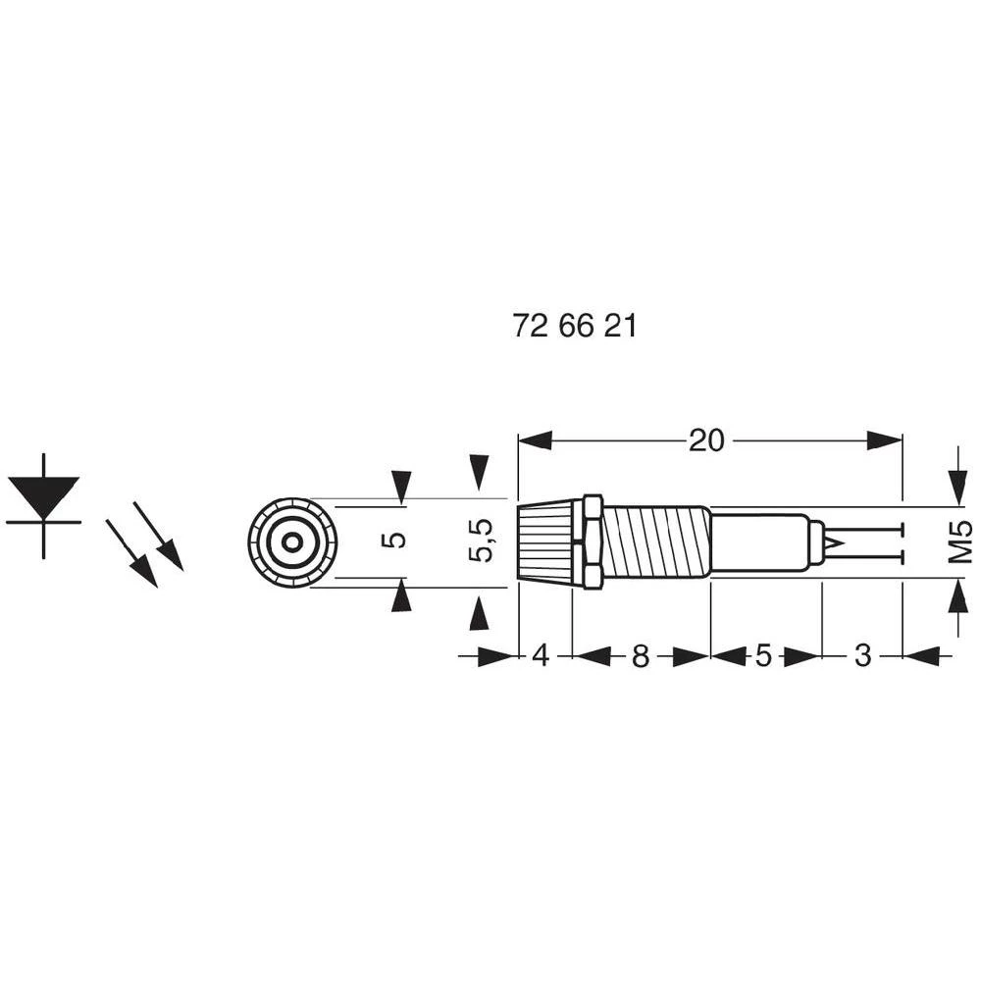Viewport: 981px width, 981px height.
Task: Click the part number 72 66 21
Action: point(575,327)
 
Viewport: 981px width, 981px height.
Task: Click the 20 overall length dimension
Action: point(706,441)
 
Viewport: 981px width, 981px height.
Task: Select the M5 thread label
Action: point(960,542)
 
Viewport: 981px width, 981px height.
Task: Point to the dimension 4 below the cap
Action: point(541,656)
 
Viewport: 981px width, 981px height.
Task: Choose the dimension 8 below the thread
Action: point(640,656)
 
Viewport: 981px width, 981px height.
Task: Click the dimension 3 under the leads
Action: point(862,656)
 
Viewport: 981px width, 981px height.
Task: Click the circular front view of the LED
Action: point(292,542)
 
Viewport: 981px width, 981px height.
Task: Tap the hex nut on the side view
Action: point(592,542)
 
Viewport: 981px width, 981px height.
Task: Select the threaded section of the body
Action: point(655,542)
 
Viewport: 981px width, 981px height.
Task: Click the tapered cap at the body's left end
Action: point(547,542)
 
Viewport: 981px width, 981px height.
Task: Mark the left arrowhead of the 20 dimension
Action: point(536,441)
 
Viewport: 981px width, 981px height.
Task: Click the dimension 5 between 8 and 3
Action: point(764,656)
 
